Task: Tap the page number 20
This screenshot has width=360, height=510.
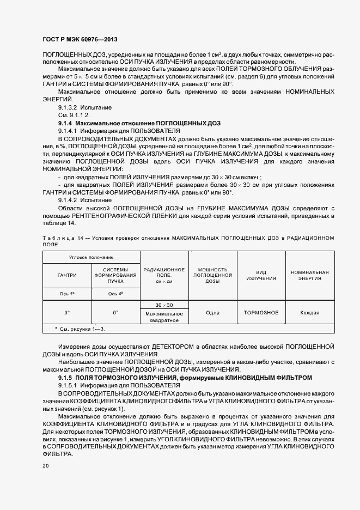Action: pos(45,465)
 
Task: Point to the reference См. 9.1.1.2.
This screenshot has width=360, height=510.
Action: pos(74,116)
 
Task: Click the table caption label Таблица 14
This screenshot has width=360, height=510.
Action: pos(57,238)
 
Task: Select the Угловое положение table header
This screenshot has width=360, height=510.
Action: pos(91,256)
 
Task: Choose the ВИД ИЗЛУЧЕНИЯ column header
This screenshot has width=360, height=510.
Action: pos(261,275)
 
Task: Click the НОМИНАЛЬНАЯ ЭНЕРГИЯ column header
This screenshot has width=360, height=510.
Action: pos(310,275)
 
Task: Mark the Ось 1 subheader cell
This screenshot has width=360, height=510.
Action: pos(67,294)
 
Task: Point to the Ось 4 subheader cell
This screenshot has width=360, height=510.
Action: pos(115,294)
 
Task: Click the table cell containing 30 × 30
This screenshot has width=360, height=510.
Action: pos(164,305)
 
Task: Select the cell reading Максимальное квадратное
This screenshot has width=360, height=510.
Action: pos(164,317)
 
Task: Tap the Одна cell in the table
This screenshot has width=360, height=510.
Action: pos(212,313)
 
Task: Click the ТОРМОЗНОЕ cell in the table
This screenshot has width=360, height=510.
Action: pos(261,313)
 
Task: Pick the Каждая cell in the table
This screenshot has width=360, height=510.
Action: pos(310,313)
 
